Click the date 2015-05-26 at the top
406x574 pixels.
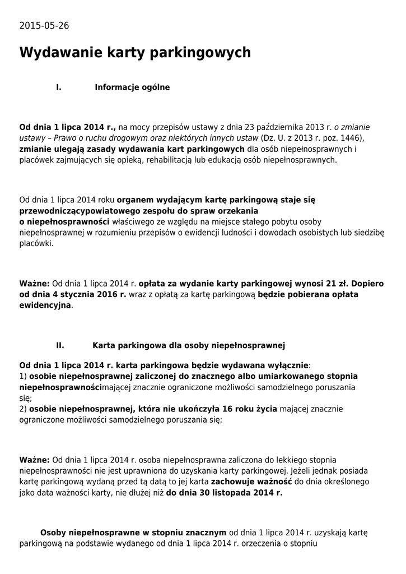pyautogui.click(x=44, y=26)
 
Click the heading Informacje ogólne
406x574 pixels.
pyautogui.click(x=132, y=87)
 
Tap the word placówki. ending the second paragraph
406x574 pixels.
pyautogui.click(x=36, y=244)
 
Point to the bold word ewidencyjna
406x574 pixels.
pyautogui.click(x=45, y=305)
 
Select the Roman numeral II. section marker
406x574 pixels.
pyautogui.click(x=60, y=345)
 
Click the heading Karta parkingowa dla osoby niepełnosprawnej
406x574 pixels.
pyautogui.click(x=189, y=345)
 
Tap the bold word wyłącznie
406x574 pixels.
pyautogui.click(x=284, y=365)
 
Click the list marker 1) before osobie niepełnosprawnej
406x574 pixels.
pyautogui.click(x=23, y=376)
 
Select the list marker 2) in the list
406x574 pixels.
pyautogui.click(x=23, y=409)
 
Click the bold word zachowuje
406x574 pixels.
pyautogui.click(x=231, y=482)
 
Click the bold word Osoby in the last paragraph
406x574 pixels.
pyautogui.click(x=53, y=532)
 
